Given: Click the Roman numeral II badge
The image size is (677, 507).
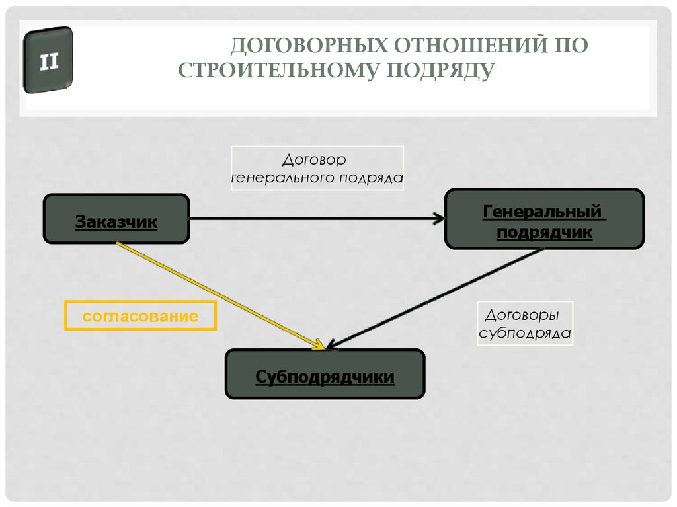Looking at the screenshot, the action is click(x=48, y=61).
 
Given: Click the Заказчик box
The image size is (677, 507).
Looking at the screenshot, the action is click(x=116, y=218).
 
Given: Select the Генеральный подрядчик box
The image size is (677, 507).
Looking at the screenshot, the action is click(x=543, y=219).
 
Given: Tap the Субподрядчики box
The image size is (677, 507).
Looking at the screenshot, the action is click(x=325, y=374).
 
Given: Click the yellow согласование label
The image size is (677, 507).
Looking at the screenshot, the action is click(x=140, y=316).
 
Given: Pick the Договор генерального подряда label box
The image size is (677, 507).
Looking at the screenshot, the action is click(x=317, y=169).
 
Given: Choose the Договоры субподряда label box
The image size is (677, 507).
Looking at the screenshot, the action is click(x=524, y=324).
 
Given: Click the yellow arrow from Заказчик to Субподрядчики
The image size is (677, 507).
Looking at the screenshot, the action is click(x=218, y=295).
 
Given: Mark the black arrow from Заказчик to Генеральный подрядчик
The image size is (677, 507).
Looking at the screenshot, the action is click(x=311, y=217).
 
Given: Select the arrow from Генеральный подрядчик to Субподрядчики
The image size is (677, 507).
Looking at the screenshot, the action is click(x=436, y=298).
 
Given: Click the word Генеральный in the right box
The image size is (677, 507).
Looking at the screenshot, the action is click(x=543, y=212).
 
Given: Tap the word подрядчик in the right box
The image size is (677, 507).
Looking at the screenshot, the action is click(x=543, y=232).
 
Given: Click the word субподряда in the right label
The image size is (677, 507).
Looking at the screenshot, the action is click(x=524, y=333).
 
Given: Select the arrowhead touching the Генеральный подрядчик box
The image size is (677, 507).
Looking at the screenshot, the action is click(x=438, y=217).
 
